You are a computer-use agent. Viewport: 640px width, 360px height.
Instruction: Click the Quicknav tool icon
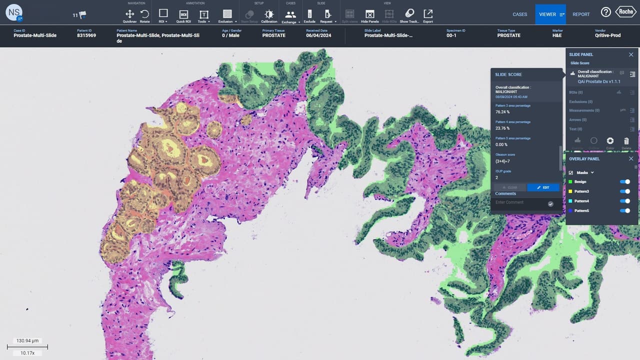[129, 14]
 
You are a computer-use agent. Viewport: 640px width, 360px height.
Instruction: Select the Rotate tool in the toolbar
[144, 14]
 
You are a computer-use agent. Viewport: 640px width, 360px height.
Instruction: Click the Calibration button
[269, 14]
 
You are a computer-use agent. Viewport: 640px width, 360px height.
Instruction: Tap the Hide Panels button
[369, 14]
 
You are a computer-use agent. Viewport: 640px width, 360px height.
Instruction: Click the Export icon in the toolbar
[428, 14]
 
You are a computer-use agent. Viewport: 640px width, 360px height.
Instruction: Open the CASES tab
[519, 14]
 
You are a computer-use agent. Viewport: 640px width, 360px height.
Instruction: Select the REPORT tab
[581, 14]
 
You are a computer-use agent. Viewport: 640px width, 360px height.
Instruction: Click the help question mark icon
[605, 12]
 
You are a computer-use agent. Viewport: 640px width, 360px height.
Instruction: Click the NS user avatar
[14, 13]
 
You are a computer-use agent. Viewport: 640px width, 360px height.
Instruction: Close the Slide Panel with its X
[631, 54]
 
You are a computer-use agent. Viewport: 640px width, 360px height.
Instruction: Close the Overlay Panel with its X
[631, 159]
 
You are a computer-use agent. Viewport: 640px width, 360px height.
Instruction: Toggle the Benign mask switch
[624, 182]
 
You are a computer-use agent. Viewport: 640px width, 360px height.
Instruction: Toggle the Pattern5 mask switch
[624, 211]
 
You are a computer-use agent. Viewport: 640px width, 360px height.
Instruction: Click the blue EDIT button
[543, 187]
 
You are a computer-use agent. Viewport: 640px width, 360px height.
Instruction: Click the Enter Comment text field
[520, 202]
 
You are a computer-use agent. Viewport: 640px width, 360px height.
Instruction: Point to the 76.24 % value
[502, 112]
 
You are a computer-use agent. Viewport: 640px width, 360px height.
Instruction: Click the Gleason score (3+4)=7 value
[503, 161]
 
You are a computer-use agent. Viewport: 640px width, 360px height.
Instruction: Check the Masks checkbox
[571, 172]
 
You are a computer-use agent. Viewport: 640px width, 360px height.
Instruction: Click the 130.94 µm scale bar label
[27, 340]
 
